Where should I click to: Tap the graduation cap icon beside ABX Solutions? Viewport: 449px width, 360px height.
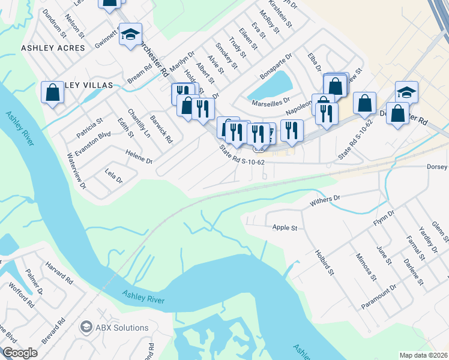click(x=86, y=328)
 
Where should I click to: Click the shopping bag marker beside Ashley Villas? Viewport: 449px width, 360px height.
click(x=52, y=93)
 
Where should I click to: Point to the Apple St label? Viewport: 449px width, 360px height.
click(x=285, y=228)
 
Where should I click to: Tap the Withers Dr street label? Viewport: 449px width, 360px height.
click(x=325, y=197)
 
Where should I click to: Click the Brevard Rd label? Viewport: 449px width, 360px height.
click(x=53, y=331)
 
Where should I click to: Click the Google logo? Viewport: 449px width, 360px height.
click(x=20, y=353)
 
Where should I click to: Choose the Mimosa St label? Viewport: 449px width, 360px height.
click(x=364, y=266)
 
